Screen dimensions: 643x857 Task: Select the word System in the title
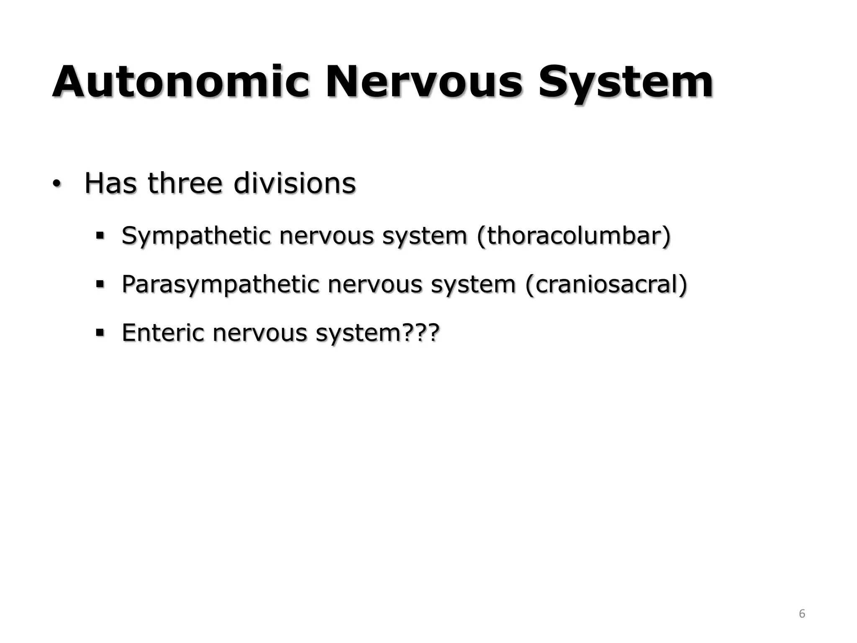tap(625, 82)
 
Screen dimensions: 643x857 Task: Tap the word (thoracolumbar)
tap(573, 235)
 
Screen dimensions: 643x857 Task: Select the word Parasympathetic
tap(220, 285)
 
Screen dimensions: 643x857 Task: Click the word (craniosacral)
tap(606, 284)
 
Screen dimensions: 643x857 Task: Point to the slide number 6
tap(802, 614)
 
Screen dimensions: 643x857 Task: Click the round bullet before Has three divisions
tap(56, 184)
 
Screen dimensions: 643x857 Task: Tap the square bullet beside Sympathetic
tap(100, 236)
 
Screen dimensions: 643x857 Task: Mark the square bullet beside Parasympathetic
tap(100, 285)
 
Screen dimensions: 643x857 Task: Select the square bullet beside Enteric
tap(100, 333)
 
